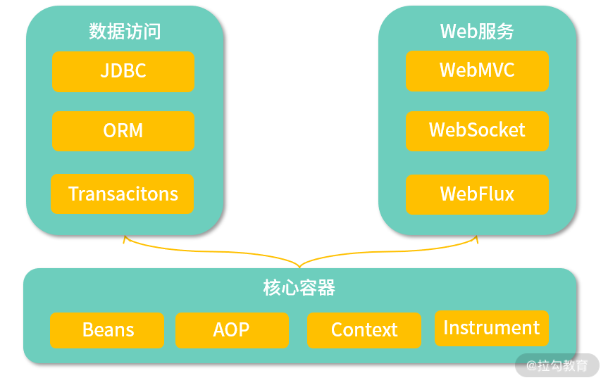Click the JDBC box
[123, 72]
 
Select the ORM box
[123, 131]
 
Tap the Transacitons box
[123, 194]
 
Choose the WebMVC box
[477, 70]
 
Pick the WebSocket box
[477, 131]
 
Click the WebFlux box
[477, 194]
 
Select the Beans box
[107, 330]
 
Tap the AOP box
[232, 330]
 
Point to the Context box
[364, 330]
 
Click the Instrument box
[491, 328]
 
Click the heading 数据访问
[125, 31]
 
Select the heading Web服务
[477, 31]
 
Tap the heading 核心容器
[299, 288]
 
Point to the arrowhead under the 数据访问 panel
[125, 239]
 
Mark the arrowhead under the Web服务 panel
[476, 239]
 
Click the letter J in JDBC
[105, 72]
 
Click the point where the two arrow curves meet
[300, 267]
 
